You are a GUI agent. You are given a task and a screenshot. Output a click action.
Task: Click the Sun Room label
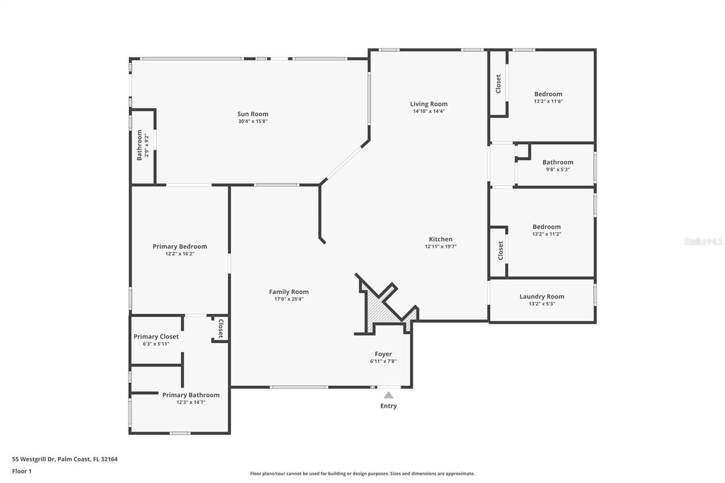253,114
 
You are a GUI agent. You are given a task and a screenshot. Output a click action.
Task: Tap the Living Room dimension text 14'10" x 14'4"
429,112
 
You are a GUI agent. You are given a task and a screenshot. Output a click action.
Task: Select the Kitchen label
440,239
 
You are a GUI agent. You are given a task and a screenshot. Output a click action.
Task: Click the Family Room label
289,292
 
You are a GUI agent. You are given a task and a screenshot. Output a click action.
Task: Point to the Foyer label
383,354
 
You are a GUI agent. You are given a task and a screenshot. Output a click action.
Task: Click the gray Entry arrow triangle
389,395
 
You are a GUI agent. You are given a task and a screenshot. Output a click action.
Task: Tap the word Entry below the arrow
389,406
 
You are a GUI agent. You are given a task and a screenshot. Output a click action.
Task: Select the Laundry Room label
541,296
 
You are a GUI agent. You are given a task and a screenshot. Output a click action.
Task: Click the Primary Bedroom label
180,246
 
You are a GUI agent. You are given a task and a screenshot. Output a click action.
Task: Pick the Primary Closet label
156,336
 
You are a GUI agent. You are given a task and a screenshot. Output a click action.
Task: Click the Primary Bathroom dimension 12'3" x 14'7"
190,402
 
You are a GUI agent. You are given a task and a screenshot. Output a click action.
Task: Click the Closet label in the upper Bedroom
498,84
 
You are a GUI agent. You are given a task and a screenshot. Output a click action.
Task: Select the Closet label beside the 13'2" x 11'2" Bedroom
500,250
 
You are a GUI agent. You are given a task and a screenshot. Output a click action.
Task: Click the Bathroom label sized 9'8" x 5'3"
557,162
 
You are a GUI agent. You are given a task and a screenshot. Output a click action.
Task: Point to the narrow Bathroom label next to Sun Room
139,145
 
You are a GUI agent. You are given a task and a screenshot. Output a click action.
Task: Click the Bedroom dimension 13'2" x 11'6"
548,101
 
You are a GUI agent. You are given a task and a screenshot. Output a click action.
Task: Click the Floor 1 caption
22,471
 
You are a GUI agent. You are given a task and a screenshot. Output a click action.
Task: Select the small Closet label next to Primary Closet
221,328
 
